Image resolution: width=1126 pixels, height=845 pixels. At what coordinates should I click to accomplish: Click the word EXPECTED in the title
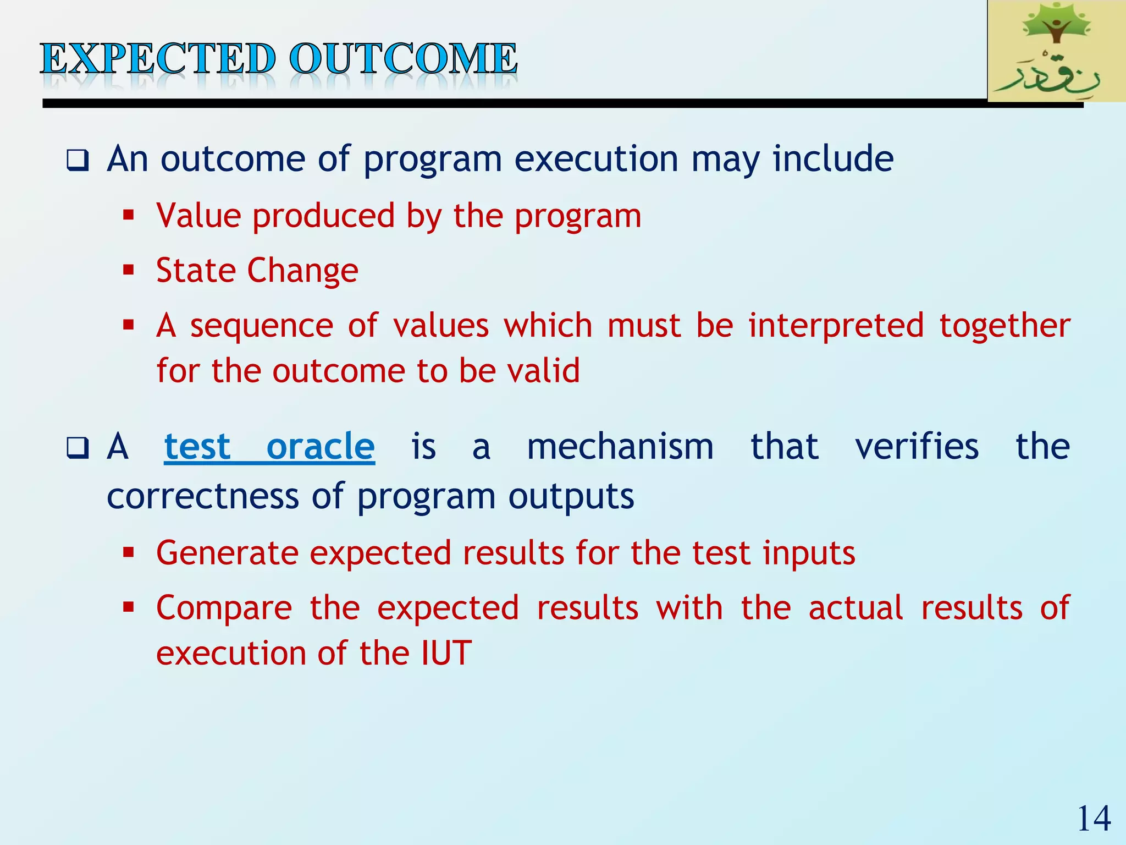(158, 59)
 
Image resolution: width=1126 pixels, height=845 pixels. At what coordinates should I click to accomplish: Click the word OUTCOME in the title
(404, 59)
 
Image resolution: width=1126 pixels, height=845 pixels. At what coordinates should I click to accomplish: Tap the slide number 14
(1094, 819)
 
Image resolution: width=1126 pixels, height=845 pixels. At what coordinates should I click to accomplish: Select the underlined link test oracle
(269, 446)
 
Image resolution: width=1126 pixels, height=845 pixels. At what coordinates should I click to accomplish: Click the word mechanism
(620, 446)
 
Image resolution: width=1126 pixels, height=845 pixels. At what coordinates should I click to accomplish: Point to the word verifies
(917, 446)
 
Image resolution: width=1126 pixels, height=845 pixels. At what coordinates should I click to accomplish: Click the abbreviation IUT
(446, 653)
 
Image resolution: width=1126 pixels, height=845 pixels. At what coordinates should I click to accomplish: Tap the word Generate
(227, 553)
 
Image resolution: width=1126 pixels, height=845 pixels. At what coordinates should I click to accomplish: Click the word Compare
(224, 608)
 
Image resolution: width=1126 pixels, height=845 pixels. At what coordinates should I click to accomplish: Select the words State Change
(257, 270)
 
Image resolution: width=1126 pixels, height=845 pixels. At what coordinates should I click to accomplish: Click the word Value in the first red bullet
(198, 215)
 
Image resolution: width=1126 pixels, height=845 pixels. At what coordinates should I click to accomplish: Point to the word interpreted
(836, 325)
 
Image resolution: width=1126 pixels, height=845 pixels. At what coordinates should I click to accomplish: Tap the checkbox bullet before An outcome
(78, 161)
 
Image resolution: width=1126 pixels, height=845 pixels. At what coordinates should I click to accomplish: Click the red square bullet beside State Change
(129, 270)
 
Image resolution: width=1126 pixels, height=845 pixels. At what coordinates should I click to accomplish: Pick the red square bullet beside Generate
(129, 552)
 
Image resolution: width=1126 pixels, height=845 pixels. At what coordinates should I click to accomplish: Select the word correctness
(202, 496)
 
